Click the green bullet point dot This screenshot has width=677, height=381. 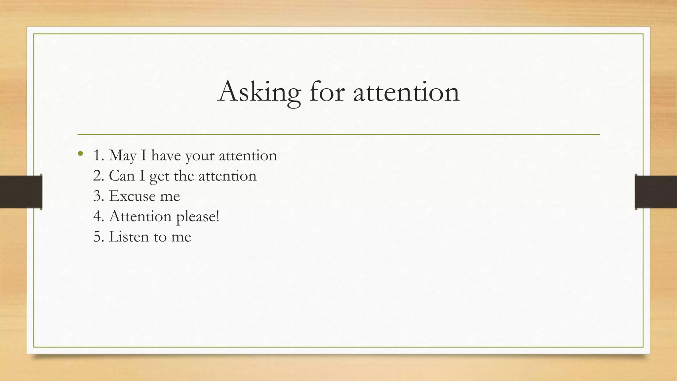coord(80,153)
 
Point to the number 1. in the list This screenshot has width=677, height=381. coord(99,155)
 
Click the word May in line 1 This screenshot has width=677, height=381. coord(122,155)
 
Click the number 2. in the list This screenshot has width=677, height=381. coord(99,176)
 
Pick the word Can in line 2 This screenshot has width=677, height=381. coord(122,176)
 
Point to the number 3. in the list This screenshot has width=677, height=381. coord(99,196)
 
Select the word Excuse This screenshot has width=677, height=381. coord(132,196)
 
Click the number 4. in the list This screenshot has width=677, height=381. coord(99,217)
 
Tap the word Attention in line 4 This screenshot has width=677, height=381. coord(140,217)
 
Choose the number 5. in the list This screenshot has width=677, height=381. coord(99,237)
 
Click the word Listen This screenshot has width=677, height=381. coord(129,237)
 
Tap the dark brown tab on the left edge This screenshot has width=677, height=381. coord(21,192)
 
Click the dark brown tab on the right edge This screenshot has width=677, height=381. coord(656,192)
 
